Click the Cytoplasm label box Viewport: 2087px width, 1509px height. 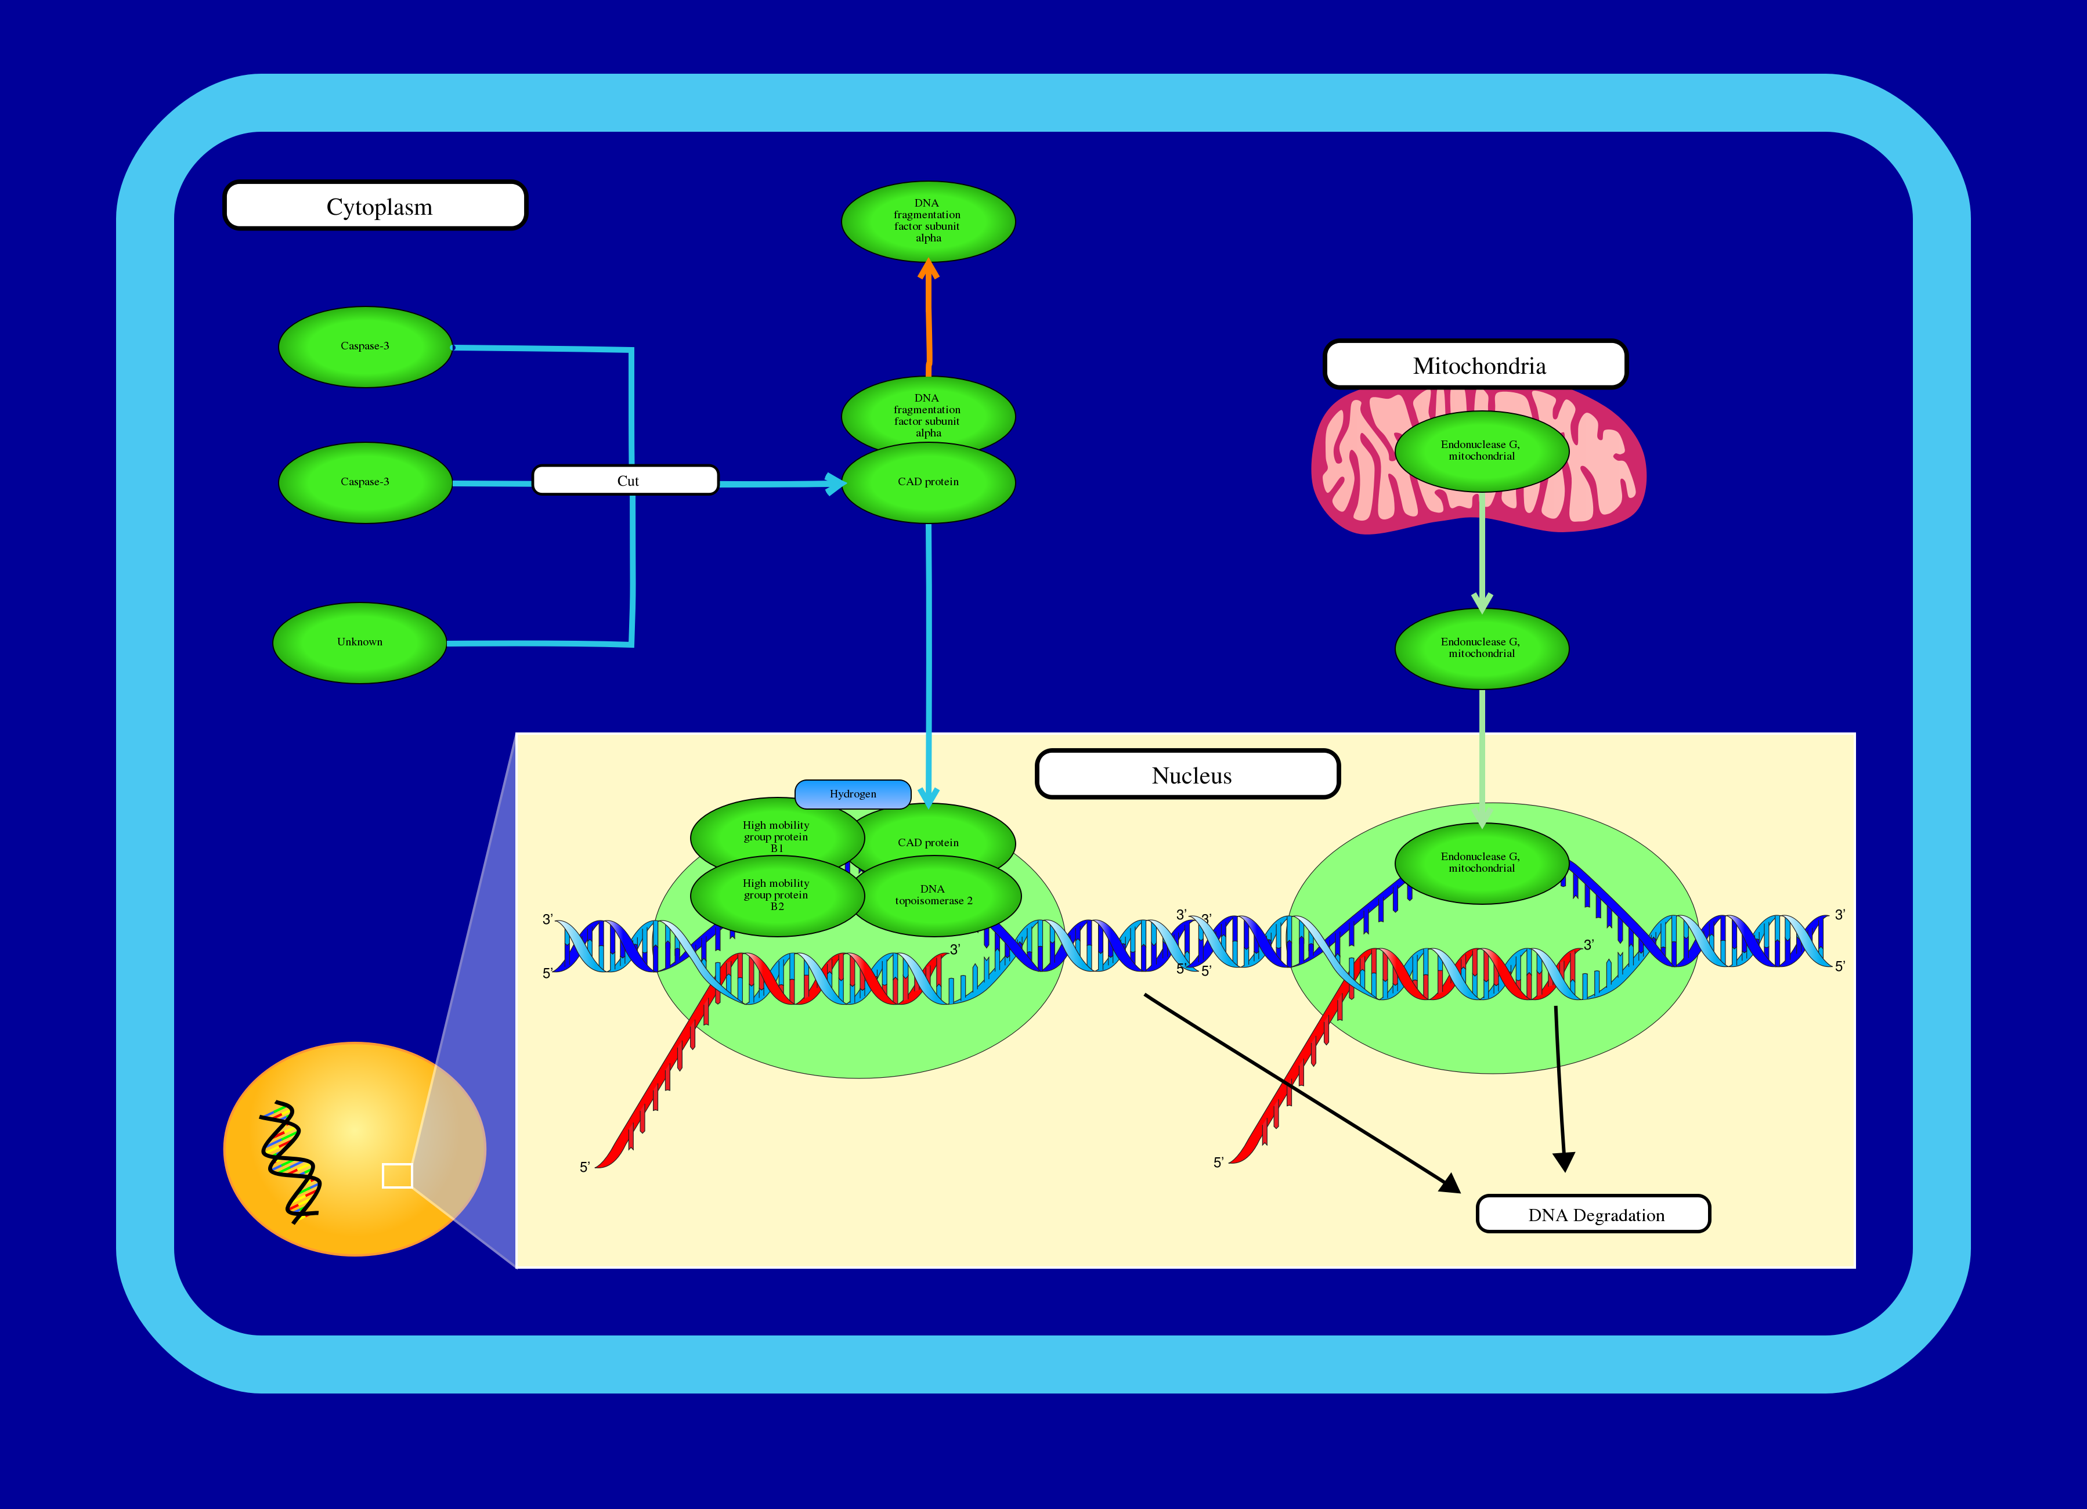click(375, 205)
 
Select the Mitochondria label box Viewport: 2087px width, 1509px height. click(1475, 364)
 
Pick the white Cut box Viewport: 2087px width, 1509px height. click(626, 481)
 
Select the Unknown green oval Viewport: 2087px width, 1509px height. click(360, 642)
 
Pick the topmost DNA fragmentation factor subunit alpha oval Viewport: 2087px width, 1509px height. click(927, 221)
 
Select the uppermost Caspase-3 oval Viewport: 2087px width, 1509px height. click(365, 346)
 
